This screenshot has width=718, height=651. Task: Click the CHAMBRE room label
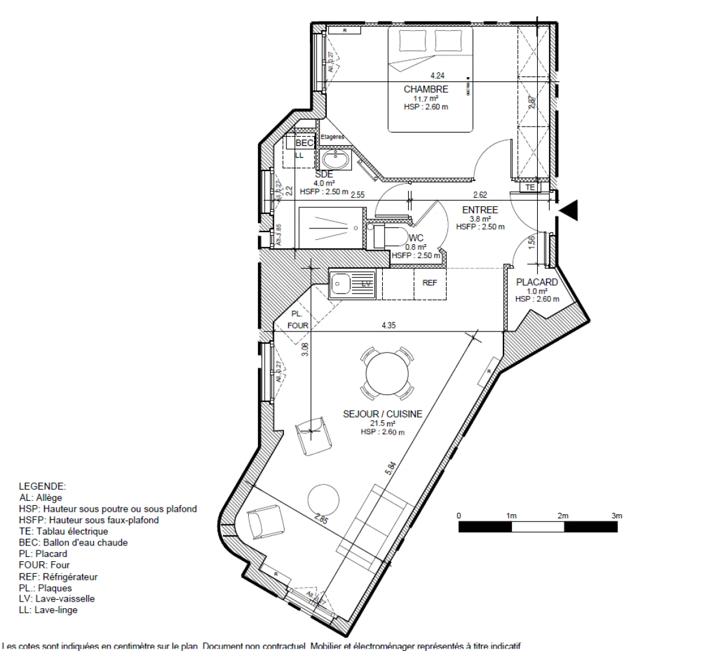pos(426,89)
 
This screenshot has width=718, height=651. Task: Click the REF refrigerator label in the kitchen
pos(429,283)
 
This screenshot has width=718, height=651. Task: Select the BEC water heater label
pos(304,143)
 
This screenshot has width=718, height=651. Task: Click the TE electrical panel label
pos(530,187)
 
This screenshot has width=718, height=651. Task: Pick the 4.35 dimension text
pos(389,325)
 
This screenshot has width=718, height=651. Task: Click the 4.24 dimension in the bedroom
pos(437,76)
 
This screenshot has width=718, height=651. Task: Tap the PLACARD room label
pos(537,282)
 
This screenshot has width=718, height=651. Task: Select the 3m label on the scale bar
pos(616,516)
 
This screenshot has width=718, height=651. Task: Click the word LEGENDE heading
pos(42,486)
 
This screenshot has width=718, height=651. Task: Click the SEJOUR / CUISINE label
pos(382,414)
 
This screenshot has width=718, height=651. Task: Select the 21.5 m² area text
pos(382,423)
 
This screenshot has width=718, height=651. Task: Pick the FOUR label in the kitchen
pos(298,325)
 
